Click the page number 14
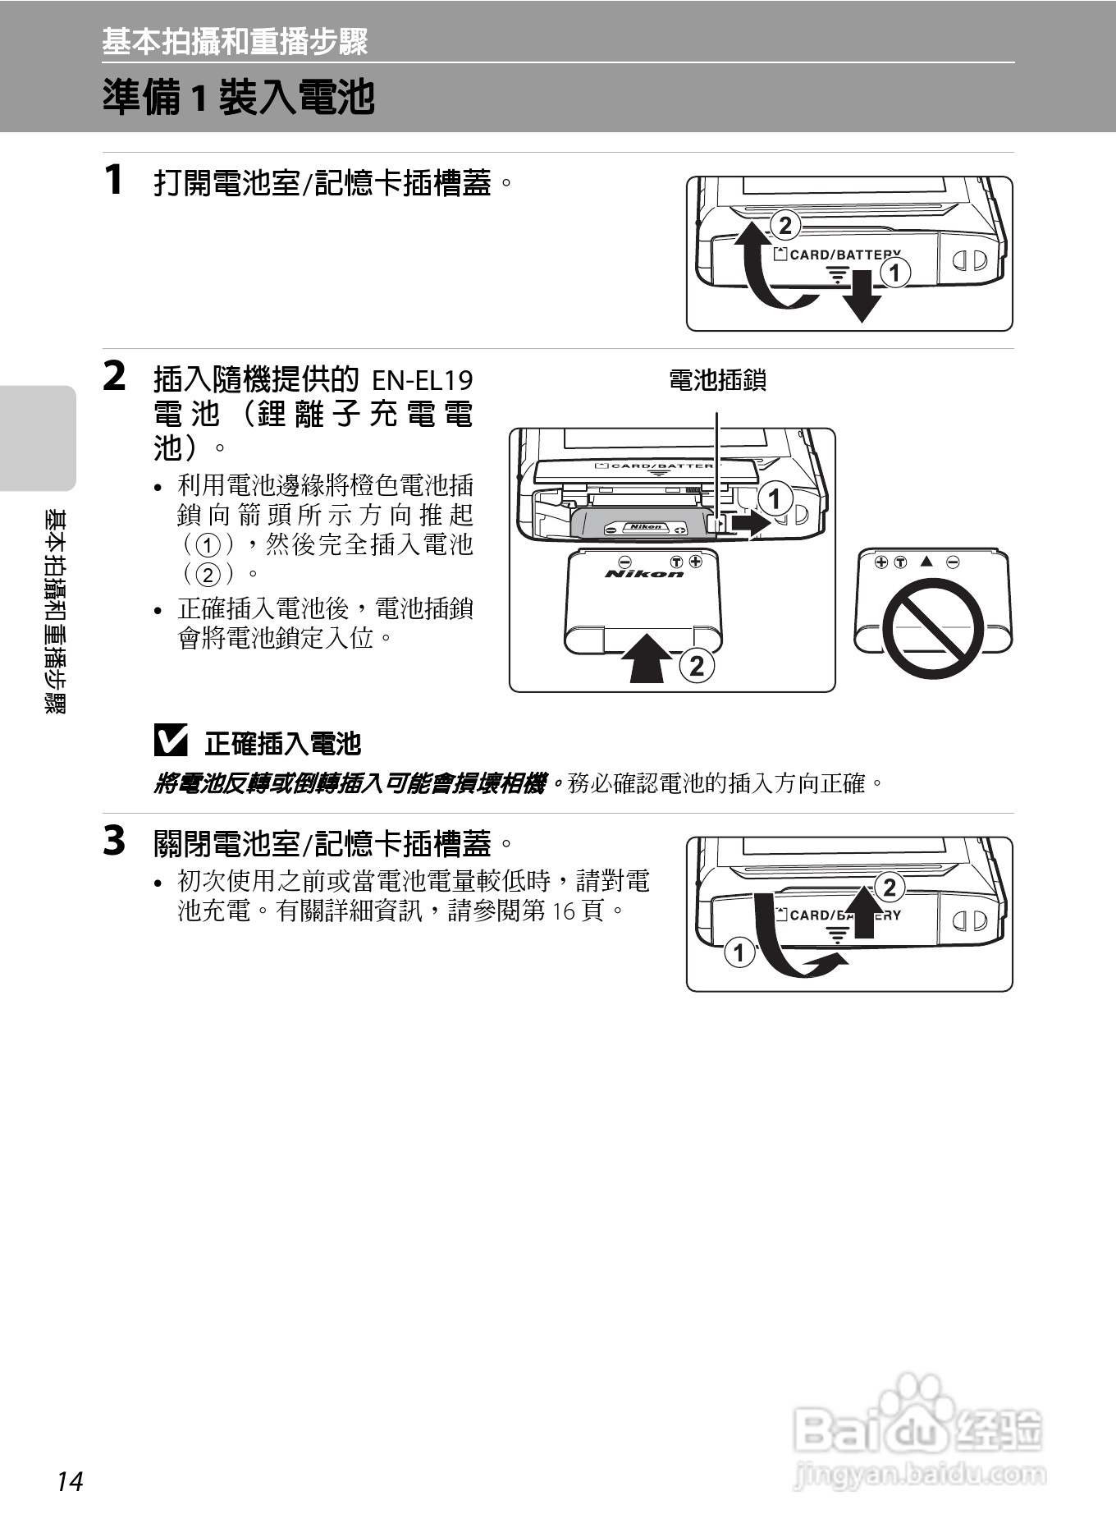point(70,1481)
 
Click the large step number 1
point(115,180)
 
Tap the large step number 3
point(115,841)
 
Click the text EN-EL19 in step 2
point(423,380)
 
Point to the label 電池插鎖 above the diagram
point(717,380)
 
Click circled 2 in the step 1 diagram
point(785,225)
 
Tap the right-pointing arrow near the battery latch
point(749,523)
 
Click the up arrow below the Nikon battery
point(647,657)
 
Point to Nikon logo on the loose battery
point(645,573)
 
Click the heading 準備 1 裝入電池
point(239,98)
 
